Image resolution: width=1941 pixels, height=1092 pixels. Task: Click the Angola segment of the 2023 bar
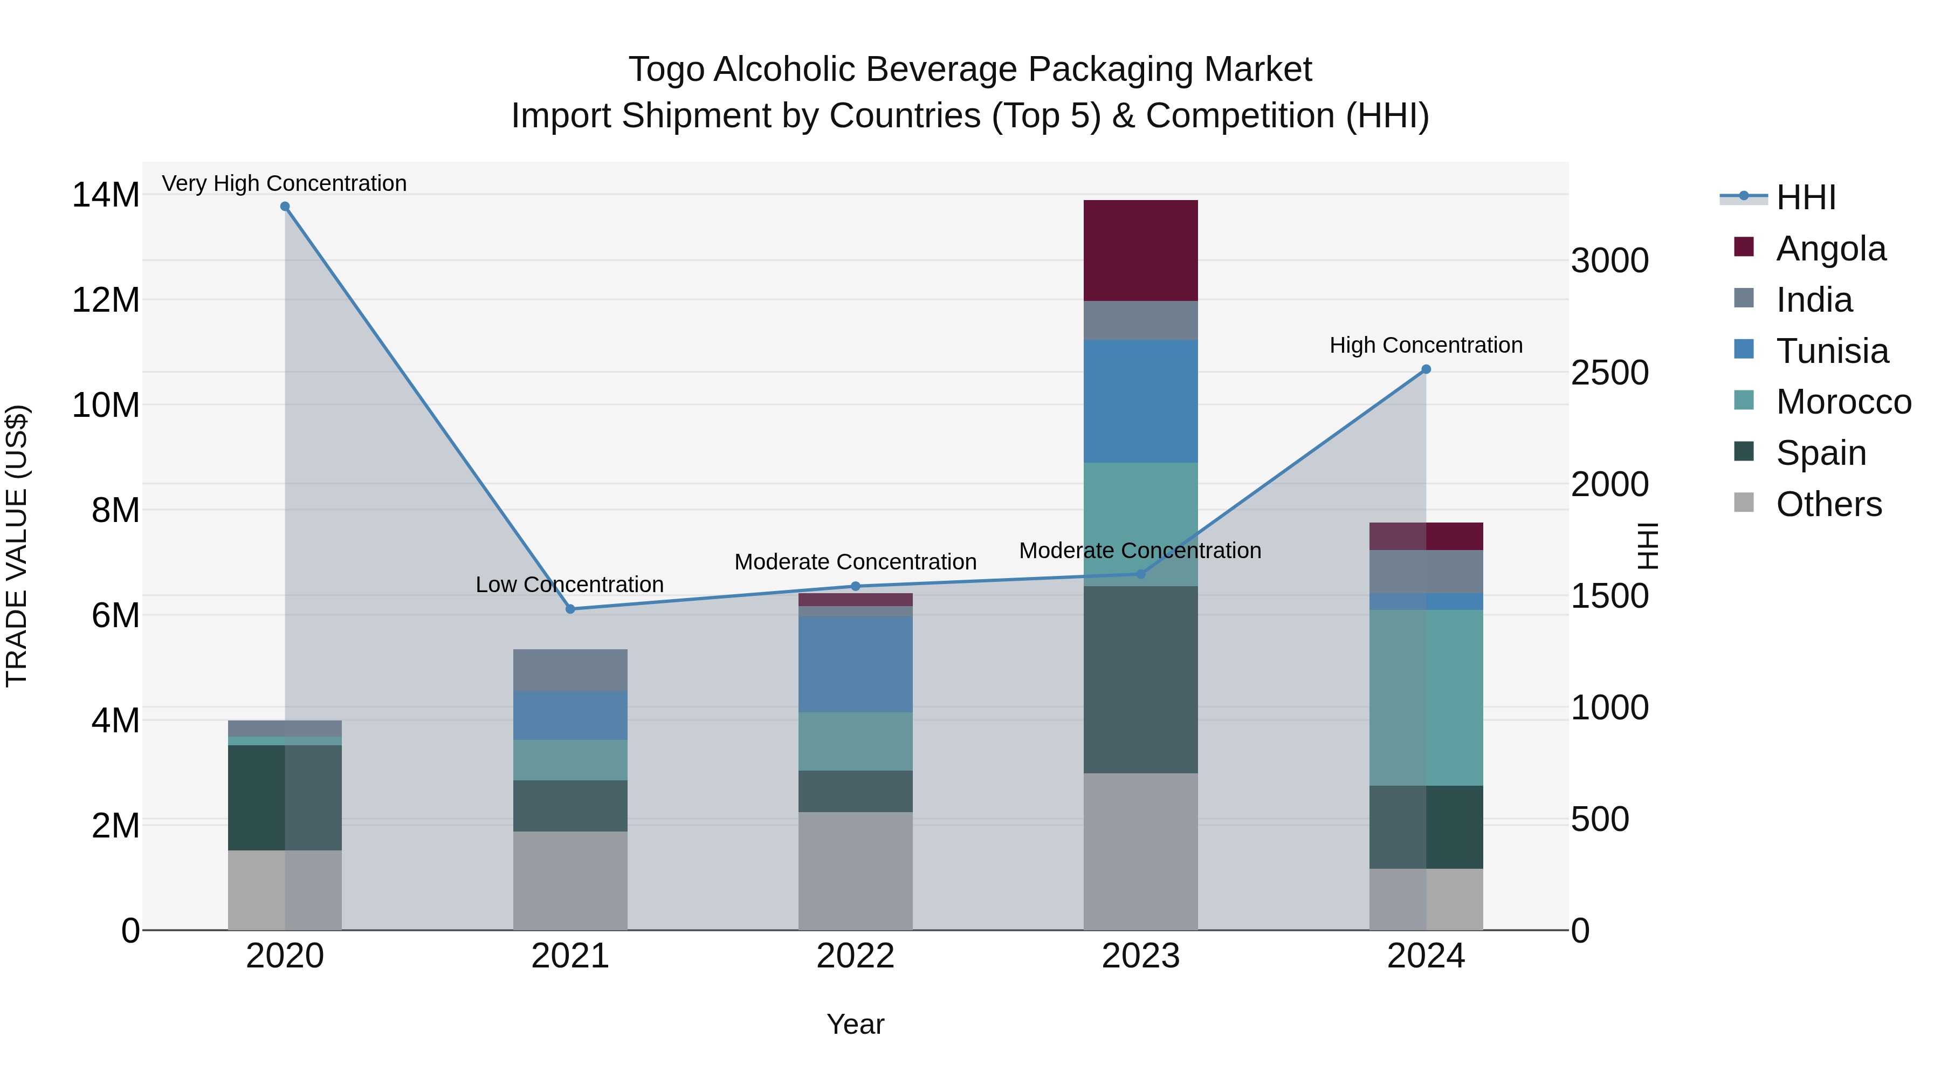point(1140,250)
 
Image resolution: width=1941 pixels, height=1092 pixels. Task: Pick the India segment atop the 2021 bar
point(570,670)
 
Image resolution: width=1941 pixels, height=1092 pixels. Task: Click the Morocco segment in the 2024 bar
point(1426,697)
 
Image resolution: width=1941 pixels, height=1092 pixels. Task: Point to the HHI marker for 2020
point(285,207)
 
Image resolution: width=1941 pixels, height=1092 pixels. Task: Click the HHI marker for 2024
point(1426,369)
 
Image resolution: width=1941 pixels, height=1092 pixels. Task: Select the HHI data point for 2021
point(570,609)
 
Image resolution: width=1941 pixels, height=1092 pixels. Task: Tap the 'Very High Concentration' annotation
point(284,184)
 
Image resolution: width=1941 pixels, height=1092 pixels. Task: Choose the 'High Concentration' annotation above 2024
point(1426,345)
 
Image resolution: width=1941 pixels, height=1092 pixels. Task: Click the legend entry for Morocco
point(1842,402)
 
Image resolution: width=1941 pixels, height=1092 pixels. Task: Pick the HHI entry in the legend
point(1805,197)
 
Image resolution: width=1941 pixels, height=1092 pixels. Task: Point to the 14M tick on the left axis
point(106,195)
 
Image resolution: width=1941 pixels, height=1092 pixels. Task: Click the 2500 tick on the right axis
point(1609,372)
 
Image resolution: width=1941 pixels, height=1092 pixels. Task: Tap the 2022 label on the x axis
point(855,956)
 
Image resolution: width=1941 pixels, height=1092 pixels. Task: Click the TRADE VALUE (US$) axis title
point(17,546)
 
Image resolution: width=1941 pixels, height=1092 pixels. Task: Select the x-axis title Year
point(855,1024)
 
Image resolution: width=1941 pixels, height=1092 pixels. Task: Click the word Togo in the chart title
point(666,70)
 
